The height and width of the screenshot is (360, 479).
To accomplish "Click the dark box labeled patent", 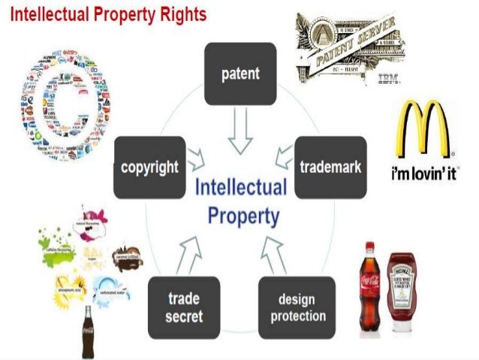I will coord(240,73).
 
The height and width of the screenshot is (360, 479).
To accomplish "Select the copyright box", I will coord(149,166).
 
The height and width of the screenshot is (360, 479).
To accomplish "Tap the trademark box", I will coord(330,166).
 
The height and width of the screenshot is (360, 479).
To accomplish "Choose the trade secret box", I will coord(184,306).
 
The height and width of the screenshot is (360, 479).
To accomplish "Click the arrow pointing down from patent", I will coord(240,132).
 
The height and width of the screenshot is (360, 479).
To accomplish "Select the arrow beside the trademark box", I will coord(283,157).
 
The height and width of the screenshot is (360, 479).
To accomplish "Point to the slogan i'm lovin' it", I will coord(425,174).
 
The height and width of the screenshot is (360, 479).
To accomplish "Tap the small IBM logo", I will coord(388,77).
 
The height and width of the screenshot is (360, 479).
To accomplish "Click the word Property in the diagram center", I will coord(243,216).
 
